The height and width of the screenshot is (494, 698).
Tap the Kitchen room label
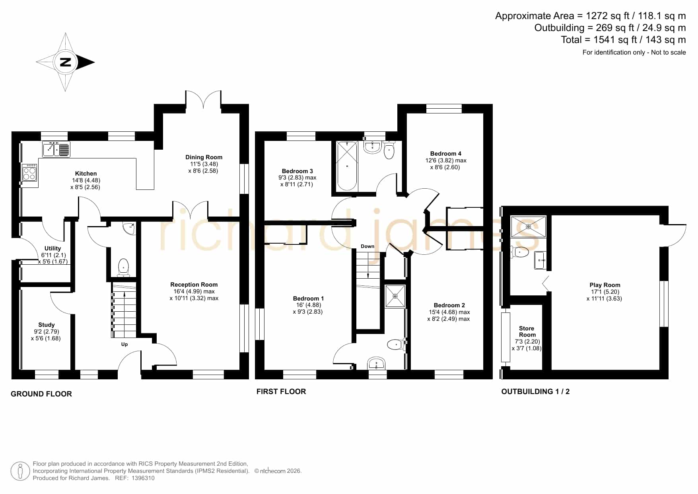(x=86, y=174)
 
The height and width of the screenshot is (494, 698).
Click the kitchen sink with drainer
(x=56, y=149)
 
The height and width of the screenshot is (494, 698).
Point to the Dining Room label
(x=204, y=157)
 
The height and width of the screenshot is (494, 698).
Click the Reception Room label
(x=194, y=285)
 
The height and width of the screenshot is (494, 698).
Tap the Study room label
(x=47, y=325)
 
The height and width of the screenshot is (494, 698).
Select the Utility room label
(x=53, y=248)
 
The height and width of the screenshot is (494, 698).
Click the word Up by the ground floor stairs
(x=124, y=344)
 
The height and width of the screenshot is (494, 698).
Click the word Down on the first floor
(x=367, y=246)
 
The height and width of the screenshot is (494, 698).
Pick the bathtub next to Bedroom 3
(x=347, y=166)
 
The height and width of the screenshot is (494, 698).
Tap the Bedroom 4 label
(x=446, y=154)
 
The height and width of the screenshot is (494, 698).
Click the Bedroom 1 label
(x=308, y=299)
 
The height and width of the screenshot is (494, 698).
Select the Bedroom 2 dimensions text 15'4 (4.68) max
(x=449, y=312)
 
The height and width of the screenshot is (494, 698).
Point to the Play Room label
(x=605, y=285)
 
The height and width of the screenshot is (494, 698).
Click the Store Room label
(x=527, y=332)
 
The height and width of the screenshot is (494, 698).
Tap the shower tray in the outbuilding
(x=529, y=226)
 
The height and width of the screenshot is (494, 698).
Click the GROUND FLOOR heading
(x=41, y=394)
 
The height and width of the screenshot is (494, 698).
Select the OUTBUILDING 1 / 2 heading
(x=535, y=392)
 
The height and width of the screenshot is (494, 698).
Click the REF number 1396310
(x=143, y=478)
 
